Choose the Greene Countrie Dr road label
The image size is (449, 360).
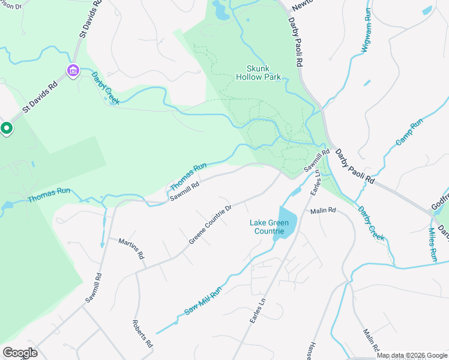point(210,225)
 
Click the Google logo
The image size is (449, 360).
point(20,353)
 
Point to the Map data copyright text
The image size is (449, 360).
point(412,355)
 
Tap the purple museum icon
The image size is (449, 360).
point(73,71)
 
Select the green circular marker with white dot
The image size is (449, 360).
point(6,128)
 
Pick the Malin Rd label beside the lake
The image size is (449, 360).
point(323,211)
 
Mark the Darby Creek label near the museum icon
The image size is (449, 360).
point(105,88)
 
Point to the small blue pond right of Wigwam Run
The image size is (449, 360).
point(427,10)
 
